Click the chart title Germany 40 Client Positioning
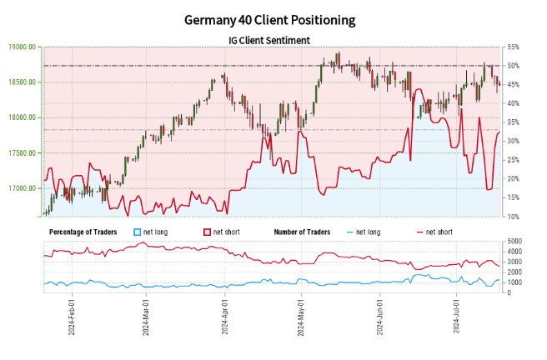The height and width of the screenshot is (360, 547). pyautogui.click(x=273, y=19)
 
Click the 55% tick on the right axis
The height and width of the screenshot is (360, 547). pyautogui.click(x=514, y=47)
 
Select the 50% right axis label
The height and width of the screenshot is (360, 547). pyautogui.click(x=514, y=66)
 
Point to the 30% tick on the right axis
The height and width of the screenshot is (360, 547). pyautogui.click(x=514, y=141)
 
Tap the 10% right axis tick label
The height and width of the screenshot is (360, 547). pyautogui.click(x=514, y=217)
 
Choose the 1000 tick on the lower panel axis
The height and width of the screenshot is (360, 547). pyautogui.click(x=515, y=282)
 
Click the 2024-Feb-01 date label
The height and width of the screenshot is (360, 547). pyautogui.click(x=71, y=312)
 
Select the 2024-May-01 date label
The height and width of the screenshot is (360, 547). pyautogui.click(x=299, y=312)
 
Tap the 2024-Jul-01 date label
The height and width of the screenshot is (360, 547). pyautogui.click(x=456, y=312)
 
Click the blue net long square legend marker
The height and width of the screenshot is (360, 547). pyautogui.click(x=138, y=231)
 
